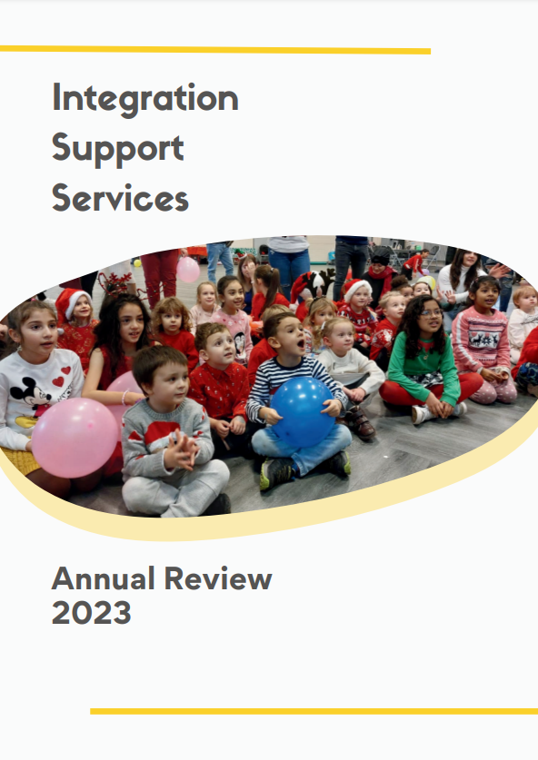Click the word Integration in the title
click(x=144, y=98)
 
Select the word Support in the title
click(x=118, y=148)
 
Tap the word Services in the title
click(x=120, y=197)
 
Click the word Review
click(x=219, y=578)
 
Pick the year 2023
click(x=91, y=614)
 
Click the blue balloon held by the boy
click(x=302, y=411)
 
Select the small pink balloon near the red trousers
click(x=188, y=270)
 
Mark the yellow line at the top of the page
click(x=214, y=51)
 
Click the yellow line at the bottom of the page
click(x=314, y=711)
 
